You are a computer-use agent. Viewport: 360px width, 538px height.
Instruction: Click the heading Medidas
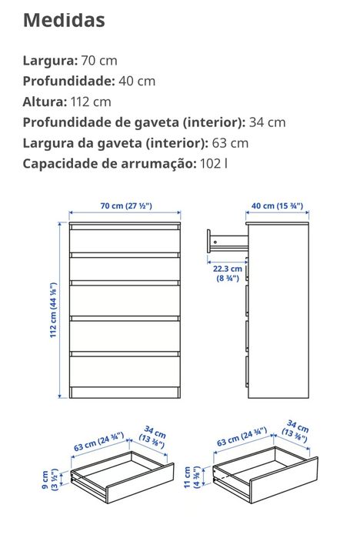click(x=64, y=21)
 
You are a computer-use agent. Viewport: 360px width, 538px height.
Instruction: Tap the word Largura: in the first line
click(x=50, y=60)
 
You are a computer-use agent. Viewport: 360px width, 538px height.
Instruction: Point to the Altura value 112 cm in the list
click(x=91, y=102)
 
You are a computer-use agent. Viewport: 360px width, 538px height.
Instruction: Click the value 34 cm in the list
click(x=268, y=122)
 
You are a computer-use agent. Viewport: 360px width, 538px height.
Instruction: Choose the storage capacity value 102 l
click(x=214, y=163)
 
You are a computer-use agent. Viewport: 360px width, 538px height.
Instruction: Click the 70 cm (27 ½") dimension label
click(x=126, y=206)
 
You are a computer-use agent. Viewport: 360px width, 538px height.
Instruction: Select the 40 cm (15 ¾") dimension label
click(x=278, y=206)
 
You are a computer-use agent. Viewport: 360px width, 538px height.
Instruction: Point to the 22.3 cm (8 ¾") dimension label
click(x=228, y=274)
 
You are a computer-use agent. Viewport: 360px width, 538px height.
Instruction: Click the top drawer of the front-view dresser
click(x=125, y=239)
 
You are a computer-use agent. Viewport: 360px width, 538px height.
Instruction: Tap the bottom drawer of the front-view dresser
click(x=125, y=369)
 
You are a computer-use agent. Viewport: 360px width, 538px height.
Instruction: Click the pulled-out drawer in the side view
click(x=226, y=242)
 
